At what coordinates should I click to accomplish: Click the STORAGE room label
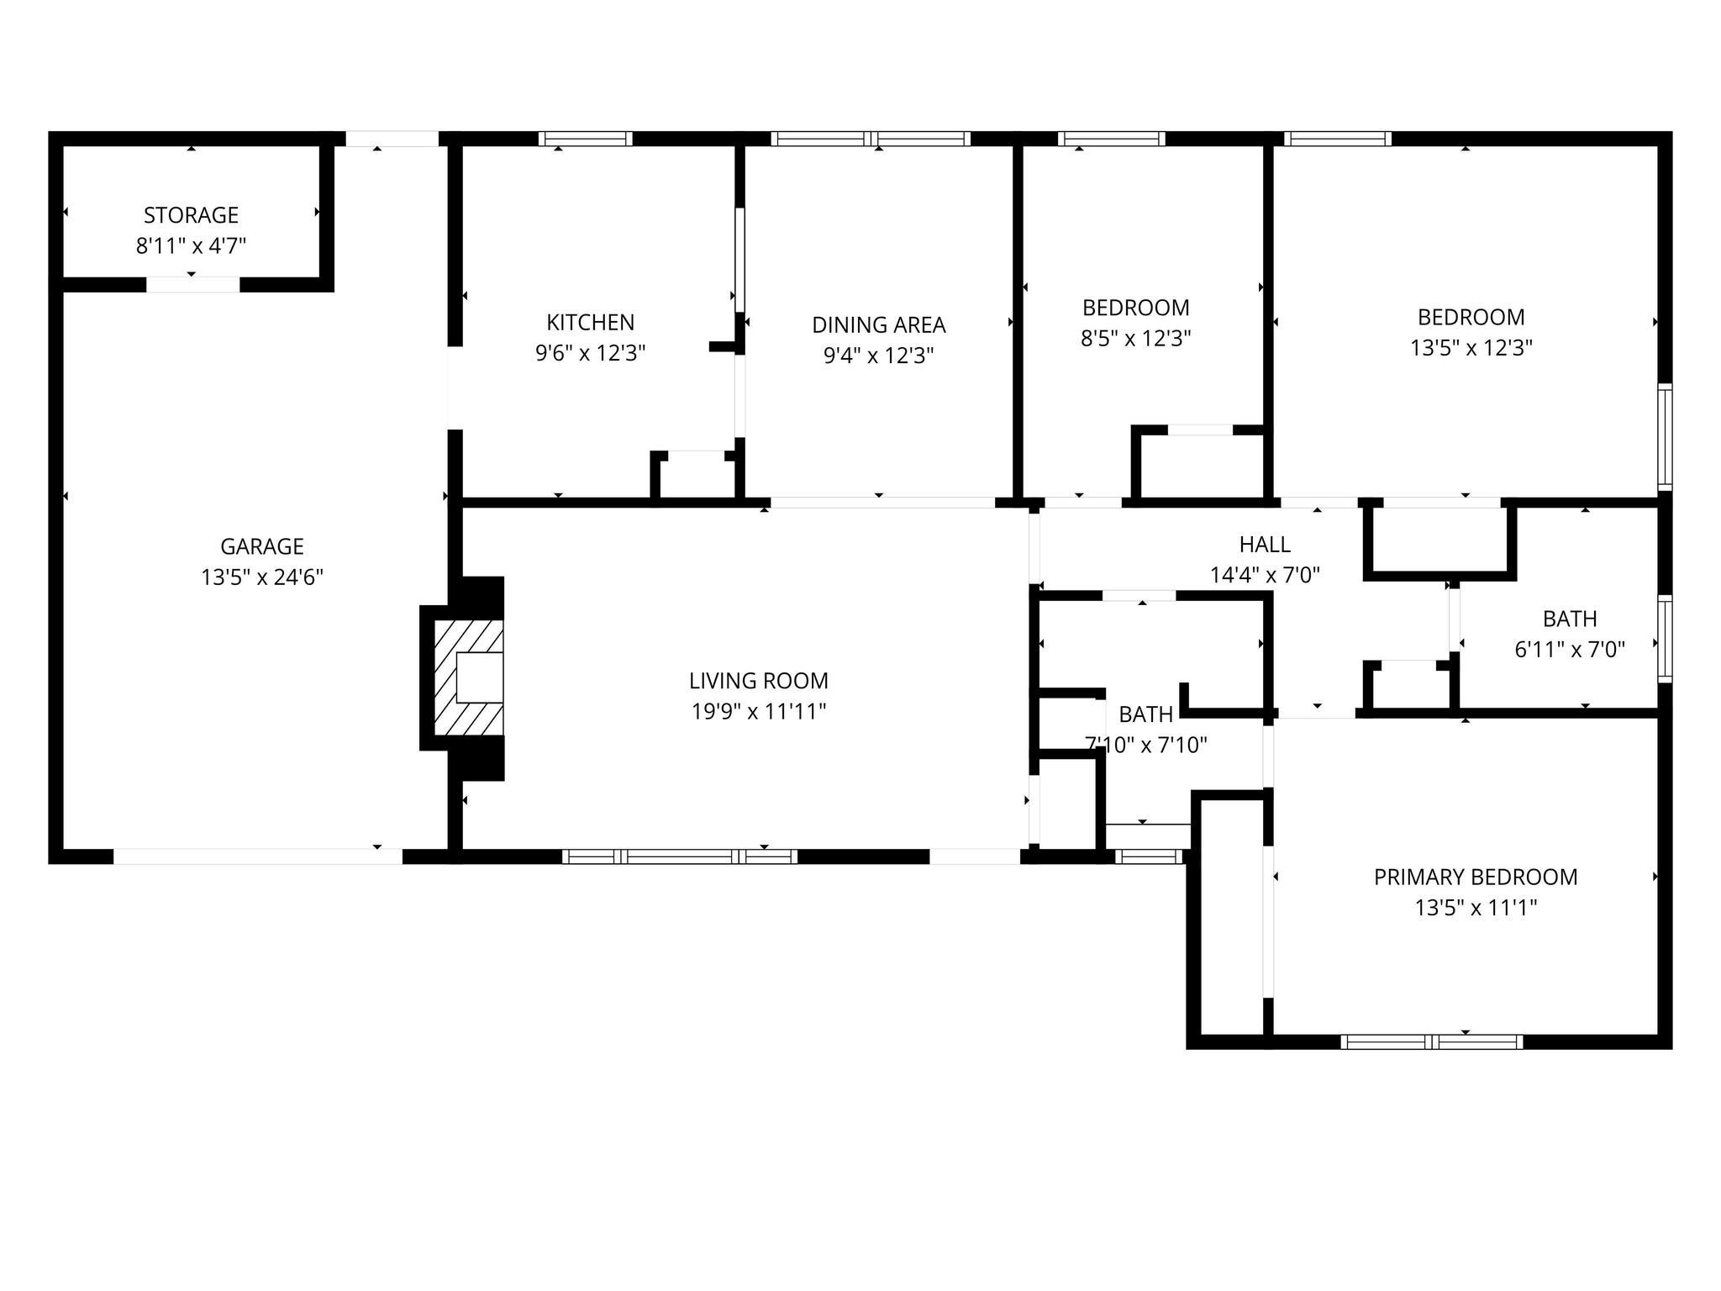pyautogui.click(x=191, y=215)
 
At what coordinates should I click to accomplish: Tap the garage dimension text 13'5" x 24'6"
pyautogui.click(x=262, y=577)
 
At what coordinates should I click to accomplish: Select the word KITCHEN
pyautogui.click(x=590, y=322)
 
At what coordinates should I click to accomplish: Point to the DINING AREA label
pyautogui.click(x=878, y=324)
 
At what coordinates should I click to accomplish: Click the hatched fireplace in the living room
pyautogui.click(x=468, y=677)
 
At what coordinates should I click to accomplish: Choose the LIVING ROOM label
pyautogui.click(x=758, y=680)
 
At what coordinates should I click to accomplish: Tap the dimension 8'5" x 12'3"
pyautogui.click(x=1135, y=339)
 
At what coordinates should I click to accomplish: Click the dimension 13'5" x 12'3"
pyautogui.click(x=1471, y=348)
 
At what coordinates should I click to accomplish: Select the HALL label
pyautogui.click(x=1264, y=545)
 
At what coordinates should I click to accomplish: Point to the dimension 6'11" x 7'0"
pyautogui.click(x=1569, y=650)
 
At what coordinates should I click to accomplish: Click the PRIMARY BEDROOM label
pyautogui.click(x=1475, y=877)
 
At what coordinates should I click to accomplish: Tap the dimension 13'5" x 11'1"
pyautogui.click(x=1475, y=908)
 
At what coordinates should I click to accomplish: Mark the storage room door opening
pyautogui.click(x=192, y=285)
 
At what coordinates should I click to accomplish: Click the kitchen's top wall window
pyautogui.click(x=585, y=139)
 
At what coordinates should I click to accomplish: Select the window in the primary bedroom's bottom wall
pyautogui.click(x=1431, y=1042)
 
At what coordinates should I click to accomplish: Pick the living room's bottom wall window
pyautogui.click(x=679, y=856)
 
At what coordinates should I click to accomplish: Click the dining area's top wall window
pyautogui.click(x=871, y=139)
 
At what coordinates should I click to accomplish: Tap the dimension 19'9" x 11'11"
pyautogui.click(x=758, y=712)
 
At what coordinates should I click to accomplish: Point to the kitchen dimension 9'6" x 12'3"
pyautogui.click(x=590, y=353)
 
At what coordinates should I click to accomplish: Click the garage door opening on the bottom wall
pyautogui.click(x=257, y=856)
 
